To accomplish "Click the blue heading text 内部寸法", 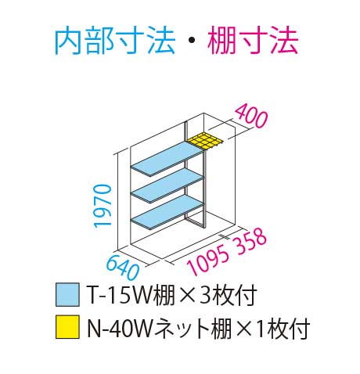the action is click(115, 41).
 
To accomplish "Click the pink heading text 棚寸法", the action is click(253, 41).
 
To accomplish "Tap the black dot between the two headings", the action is click(191, 41).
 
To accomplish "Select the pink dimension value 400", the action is click(251, 116).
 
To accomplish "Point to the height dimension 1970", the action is click(103, 207).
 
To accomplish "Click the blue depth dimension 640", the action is click(123, 267).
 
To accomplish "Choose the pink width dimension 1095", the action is click(208, 261).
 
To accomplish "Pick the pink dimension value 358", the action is click(250, 240).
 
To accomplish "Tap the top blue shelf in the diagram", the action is click(167, 159).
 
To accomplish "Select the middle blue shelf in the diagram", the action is click(167, 185).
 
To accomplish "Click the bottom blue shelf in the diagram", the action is click(167, 212).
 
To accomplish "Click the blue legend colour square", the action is click(67, 295).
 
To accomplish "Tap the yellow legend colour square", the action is click(67, 327).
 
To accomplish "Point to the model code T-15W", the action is click(121, 295).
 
